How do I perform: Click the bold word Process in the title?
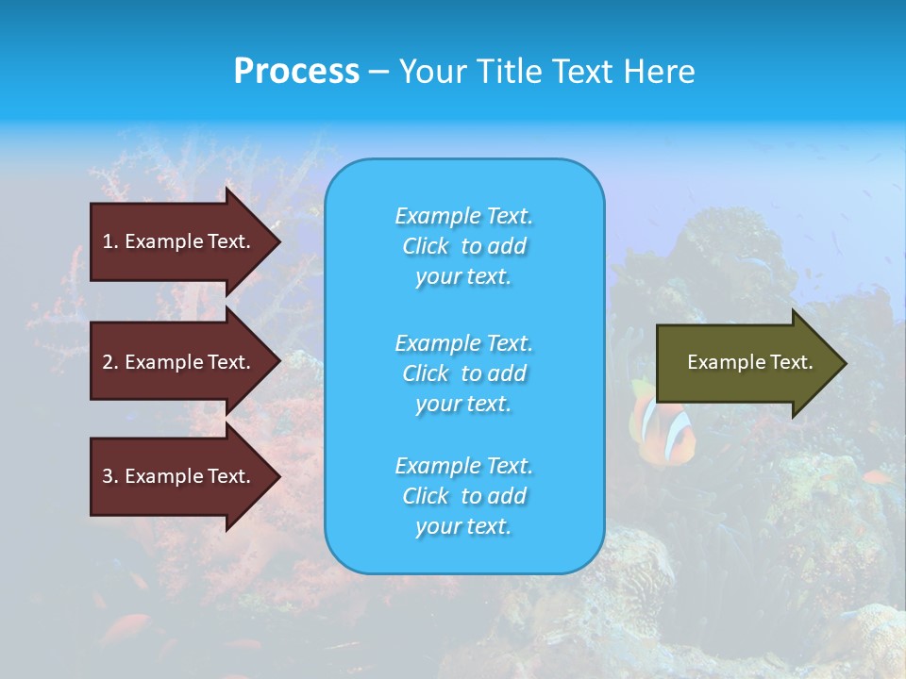point(296,72)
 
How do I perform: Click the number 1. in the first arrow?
point(110,241)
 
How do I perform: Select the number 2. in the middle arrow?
point(110,362)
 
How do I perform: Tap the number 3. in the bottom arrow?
point(110,476)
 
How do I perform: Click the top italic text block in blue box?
point(463,246)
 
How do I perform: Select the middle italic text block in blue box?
point(463,373)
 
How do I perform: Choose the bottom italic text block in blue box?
point(463,496)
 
